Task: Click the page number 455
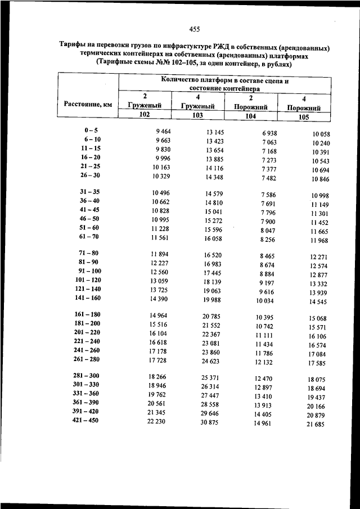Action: click(x=195, y=29)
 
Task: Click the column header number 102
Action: click(x=145, y=114)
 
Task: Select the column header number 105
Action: click(x=304, y=117)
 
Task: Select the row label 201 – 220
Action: click(x=87, y=332)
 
